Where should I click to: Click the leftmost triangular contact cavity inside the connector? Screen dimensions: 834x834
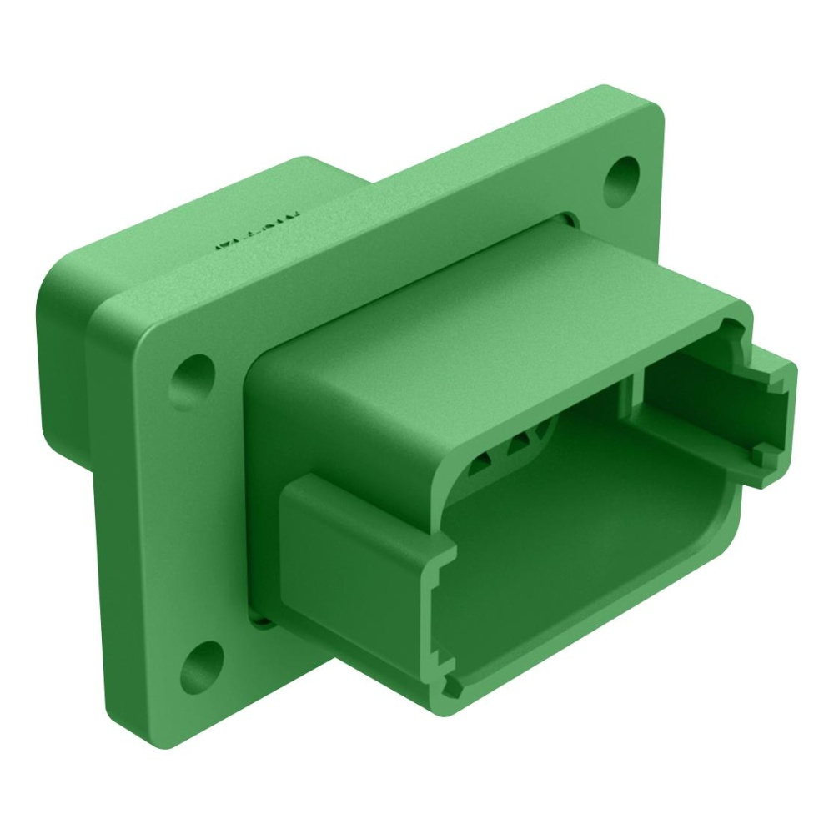[x=482, y=464]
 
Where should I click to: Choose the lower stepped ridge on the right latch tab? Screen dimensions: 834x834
[x=761, y=455]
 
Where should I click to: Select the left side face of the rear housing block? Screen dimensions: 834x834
[x=63, y=334]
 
